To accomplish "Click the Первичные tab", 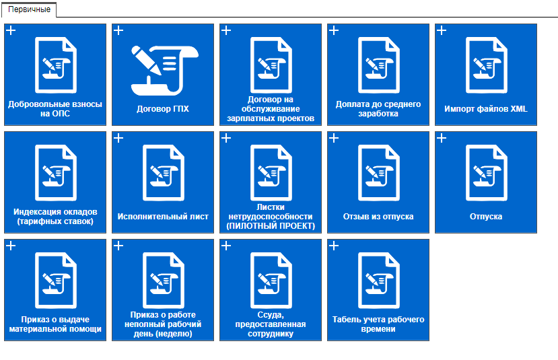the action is (29, 9).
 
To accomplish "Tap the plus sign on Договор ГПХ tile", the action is (118, 30).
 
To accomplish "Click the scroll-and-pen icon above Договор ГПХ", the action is (164, 71).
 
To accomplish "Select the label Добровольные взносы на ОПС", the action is (55, 109).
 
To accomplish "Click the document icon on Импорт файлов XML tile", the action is (486, 65).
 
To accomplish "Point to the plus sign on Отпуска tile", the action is (442, 138).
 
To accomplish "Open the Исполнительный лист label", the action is (163, 216).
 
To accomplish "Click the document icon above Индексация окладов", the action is (55, 173).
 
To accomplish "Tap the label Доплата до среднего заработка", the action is (378, 109).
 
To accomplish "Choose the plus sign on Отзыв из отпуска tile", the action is (334, 138).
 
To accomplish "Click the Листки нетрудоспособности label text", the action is (271, 216).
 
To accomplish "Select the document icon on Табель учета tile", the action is (379, 281).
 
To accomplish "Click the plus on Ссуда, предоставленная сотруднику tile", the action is (226, 246).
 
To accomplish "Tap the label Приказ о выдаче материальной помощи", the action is (55, 324).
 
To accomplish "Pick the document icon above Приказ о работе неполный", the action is (164, 281).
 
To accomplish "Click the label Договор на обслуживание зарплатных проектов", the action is (271, 109).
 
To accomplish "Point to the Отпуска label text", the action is (486, 216).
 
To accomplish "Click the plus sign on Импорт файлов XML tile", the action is (442, 30).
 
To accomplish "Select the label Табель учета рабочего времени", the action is (378, 324).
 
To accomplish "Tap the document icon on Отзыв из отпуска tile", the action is (379, 173).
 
